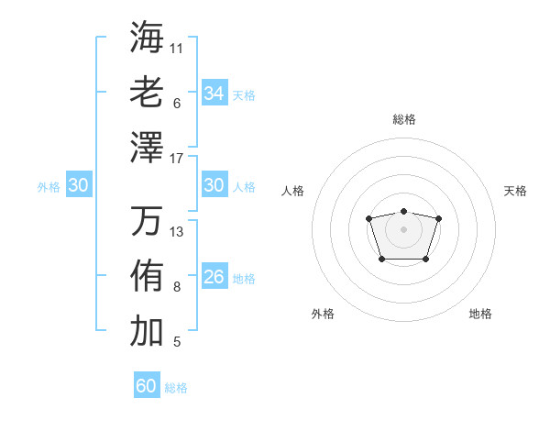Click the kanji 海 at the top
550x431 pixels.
click(x=147, y=37)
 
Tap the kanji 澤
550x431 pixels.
click(x=147, y=147)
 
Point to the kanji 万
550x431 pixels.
click(x=147, y=220)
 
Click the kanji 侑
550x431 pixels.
click(x=147, y=275)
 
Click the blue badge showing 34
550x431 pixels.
click(x=214, y=94)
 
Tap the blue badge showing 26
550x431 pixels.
click(x=214, y=277)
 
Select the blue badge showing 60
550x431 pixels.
click(x=147, y=386)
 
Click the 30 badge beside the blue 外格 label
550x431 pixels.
click(x=79, y=185)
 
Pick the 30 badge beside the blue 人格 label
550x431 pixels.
click(x=214, y=185)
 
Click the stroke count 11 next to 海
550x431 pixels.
click(x=177, y=48)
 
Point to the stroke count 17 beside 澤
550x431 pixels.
click(x=177, y=159)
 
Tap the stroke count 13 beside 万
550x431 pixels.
click(x=177, y=232)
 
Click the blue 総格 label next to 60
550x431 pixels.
click(x=177, y=388)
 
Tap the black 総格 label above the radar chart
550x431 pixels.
click(x=404, y=119)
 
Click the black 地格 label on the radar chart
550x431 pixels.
click(x=480, y=314)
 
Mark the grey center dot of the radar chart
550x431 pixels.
click(x=403, y=228)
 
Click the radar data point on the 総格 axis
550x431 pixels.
click(x=403, y=212)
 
